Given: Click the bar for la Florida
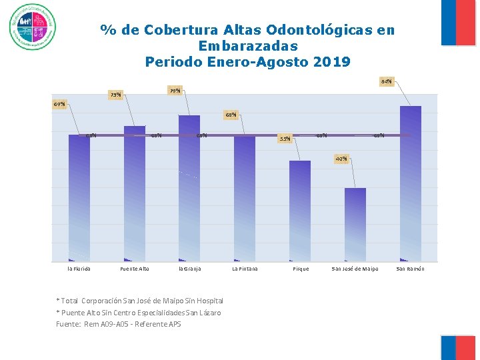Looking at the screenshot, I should click(x=79, y=197).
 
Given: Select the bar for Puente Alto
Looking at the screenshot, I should click(x=134, y=193).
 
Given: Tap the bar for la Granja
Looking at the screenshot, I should click(x=189, y=188).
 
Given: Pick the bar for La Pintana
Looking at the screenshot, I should click(x=245, y=198).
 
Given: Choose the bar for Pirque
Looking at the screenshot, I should click(x=300, y=211).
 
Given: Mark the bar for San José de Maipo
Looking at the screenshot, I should click(x=355, y=224).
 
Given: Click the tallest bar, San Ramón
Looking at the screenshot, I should click(x=411, y=183).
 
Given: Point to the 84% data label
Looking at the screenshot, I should click(x=386, y=81).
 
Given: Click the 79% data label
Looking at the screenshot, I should click(x=175, y=91).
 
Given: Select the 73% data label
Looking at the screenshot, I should click(x=115, y=95).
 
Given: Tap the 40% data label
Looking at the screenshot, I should click(x=341, y=159).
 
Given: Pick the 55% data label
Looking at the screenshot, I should click(x=285, y=139).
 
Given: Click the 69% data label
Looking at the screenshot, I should click(x=59, y=105).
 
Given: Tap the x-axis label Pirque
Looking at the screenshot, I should click(x=301, y=269).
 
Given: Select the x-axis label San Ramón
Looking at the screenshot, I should click(x=410, y=269).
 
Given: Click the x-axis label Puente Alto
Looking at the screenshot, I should click(x=134, y=269).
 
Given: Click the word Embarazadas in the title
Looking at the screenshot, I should click(x=247, y=47).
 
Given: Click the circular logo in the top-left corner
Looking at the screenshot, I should click(x=33, y=27).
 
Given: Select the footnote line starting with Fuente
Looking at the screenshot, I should click(x=118, y=325).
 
